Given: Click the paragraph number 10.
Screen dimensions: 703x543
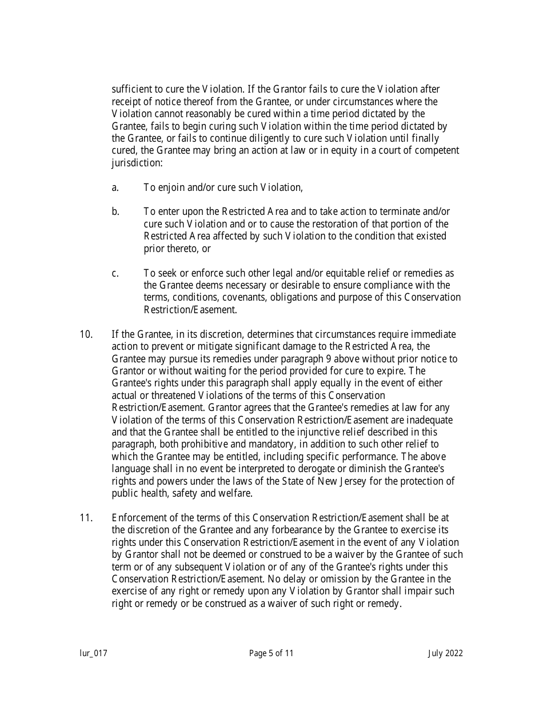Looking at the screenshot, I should point(86,334).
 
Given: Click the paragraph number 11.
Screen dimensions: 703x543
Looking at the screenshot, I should point(86,518).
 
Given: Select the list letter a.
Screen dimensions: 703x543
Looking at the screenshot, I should point(115,187).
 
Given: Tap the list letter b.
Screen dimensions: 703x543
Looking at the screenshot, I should point(115,212).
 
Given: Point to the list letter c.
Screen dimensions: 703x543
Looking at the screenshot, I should point(115,273).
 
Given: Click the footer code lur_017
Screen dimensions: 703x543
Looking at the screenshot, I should point(93,653).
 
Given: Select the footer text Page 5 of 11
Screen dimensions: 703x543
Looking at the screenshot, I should point(271,653).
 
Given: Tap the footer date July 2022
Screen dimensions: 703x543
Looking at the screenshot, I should point(445,653).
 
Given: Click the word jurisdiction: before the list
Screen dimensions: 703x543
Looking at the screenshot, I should point(137,163).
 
